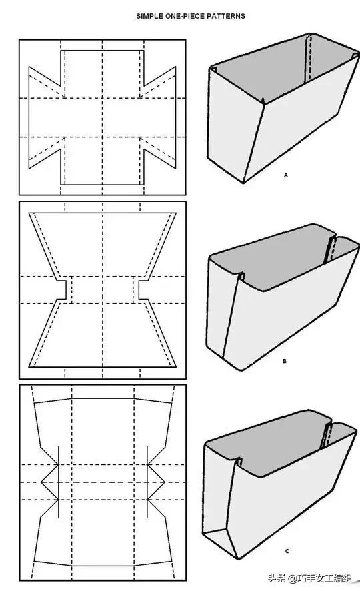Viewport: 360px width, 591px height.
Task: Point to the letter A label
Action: pyautogui.click(x=286, y=175)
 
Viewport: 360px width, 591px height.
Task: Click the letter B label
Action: pyautogui.click(x=284, y=361)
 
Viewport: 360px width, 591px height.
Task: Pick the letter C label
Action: pyautogui.click(x=287, y=551)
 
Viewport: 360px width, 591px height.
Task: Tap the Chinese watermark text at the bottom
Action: pyautogui.click(x=309, y=578)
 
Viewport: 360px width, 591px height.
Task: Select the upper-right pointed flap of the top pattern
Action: pyautogui.click(x=159, y=81)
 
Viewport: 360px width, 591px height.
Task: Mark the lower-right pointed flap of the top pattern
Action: pyautogui.click(x=159, y=152)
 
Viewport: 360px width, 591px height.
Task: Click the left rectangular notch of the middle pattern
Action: pyautogui.click(x=63, y=290)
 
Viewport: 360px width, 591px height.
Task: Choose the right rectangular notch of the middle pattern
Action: pyautogui.click(x=141, y=290)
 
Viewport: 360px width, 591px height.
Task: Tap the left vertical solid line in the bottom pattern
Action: pyautogui.click(x=59, y=482)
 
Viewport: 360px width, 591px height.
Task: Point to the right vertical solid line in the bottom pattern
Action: pyautogui.click(x=147, y=482)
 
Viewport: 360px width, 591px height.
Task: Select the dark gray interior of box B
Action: pyautogui.click(x=275, y=260)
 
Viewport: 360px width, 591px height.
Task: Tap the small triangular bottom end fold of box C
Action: pyautogui.click(x=219, y=539)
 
